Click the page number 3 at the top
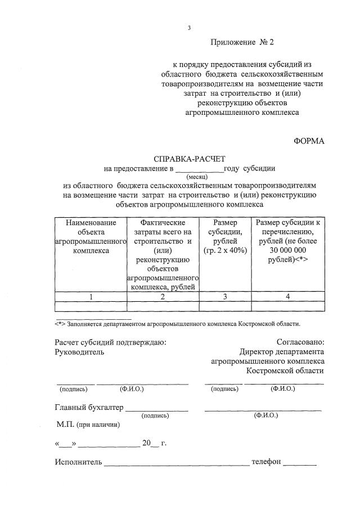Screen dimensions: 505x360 point(190,28)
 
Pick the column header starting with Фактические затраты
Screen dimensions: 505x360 point(163,222)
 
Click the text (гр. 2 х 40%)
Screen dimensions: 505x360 point(226,251)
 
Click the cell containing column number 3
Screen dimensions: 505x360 point(226,296)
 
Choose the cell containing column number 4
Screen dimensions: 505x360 point(287,296)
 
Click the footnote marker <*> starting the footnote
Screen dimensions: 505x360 point(60,324)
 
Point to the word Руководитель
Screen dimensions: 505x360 point(79,352)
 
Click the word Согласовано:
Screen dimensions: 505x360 point(300,342)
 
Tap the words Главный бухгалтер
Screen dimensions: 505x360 point(89,407)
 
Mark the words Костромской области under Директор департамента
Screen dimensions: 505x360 point(285,371)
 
